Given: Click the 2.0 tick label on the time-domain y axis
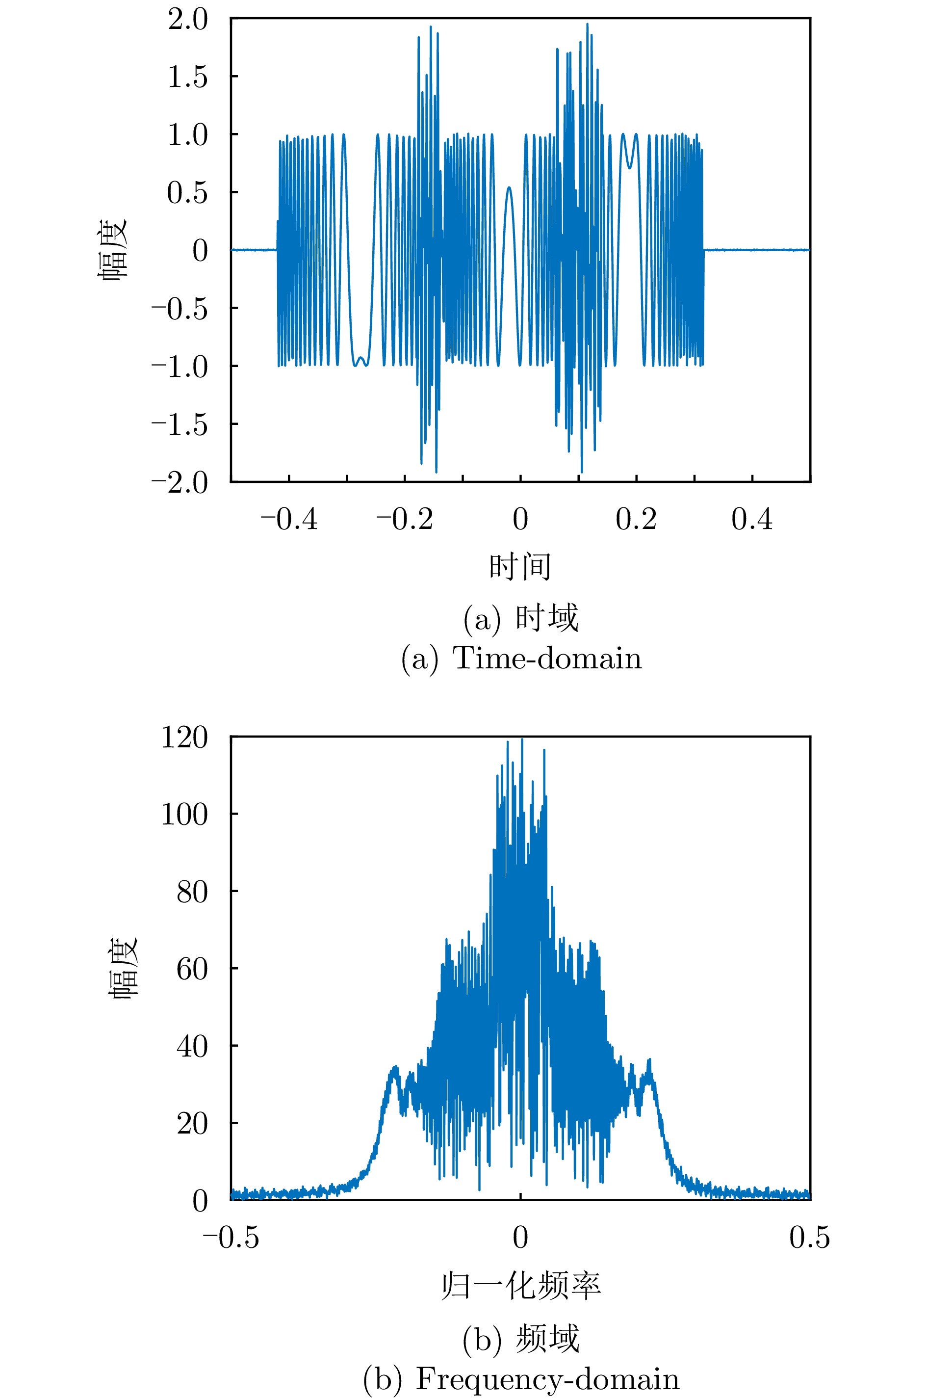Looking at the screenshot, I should [x=187, y=20].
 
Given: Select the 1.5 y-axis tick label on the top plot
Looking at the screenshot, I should [x=187, y=78].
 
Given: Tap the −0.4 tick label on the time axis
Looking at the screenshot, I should [x=289, y=519].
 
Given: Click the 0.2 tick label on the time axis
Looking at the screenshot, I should [x=636, y=519].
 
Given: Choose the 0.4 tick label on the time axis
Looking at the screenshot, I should [x=752, y=519].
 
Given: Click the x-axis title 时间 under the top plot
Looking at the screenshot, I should [x=520, y=566].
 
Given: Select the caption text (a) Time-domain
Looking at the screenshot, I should [x=521, y=658].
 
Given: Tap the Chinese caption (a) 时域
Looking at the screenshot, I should [x=520, y=618].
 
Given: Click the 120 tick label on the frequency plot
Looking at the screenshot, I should [x=184, y=738].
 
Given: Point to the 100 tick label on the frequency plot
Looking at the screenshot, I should [x=184, y=815].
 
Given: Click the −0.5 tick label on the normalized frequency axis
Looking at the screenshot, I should [x=231, y=1237].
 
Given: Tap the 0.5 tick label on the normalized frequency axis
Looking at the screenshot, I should [x=809, y=1237].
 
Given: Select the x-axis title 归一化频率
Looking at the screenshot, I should [x=520, y=1286].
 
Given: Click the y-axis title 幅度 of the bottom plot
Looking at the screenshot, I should [x=123, y=968].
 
